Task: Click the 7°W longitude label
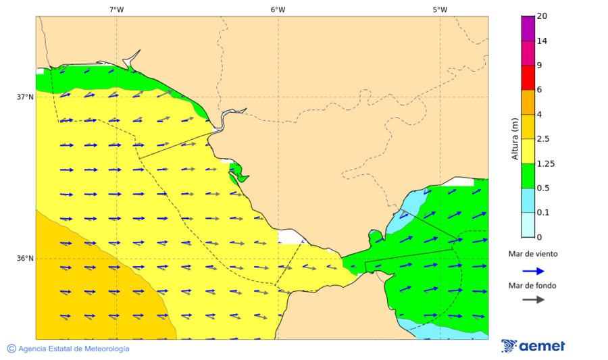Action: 116,9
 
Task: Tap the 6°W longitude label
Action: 278,9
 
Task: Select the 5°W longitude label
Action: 440,9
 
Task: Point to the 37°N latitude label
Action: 25,97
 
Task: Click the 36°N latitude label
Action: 25,259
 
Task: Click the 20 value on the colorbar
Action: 542,16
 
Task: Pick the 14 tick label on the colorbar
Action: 542,41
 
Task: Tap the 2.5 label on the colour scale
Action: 543,139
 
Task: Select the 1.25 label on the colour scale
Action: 545,163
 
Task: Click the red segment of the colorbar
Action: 528,77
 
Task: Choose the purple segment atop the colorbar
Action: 528,28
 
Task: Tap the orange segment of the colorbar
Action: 528,102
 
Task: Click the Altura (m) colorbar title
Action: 515,138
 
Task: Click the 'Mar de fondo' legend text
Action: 533,286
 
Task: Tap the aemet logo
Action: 533,346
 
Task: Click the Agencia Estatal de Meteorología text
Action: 74,349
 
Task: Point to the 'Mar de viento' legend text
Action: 533,254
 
